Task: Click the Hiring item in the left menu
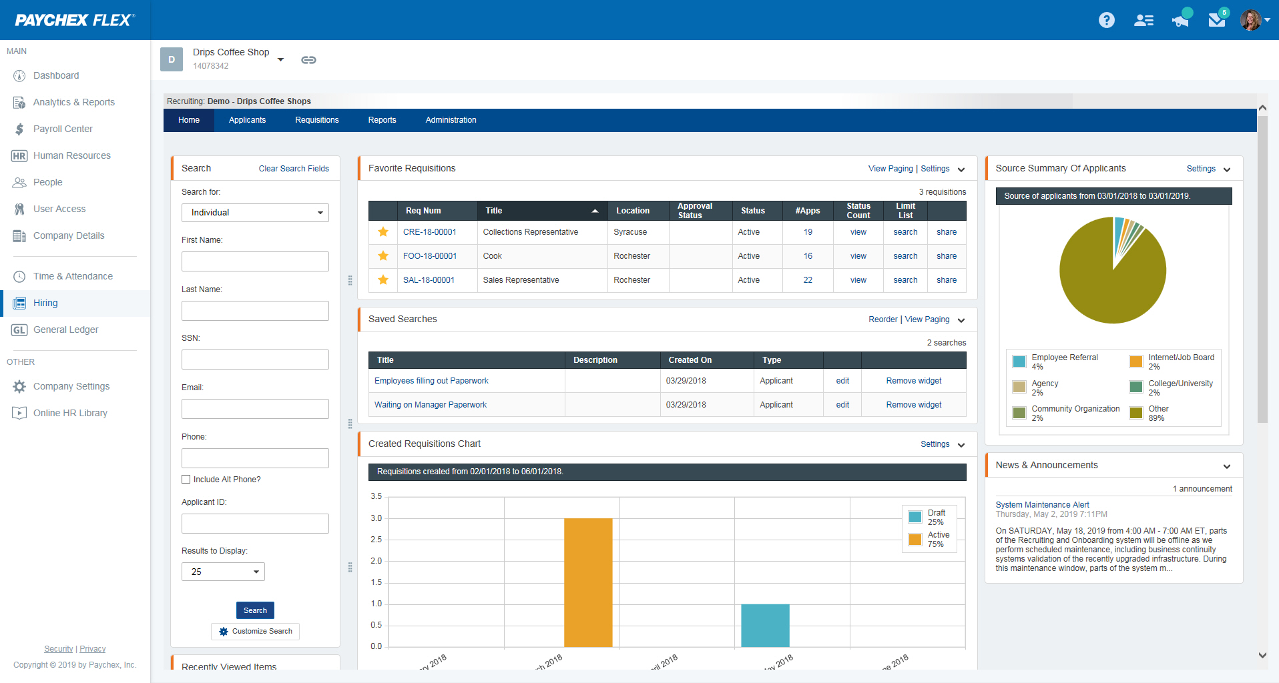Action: [x=45, y=303]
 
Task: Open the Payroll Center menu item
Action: [x=63, y=129]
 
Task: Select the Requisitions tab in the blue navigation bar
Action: [x=316, y=120]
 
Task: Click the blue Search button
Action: [x=255, y=610]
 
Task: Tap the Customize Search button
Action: [x=256, y=631]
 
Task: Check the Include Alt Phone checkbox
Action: [x=186, y=480]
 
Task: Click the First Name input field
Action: [x=255, y=261]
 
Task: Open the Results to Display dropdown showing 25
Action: [x=223, y=572]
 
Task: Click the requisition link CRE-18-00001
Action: [x=430, y=232]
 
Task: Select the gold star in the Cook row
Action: [x=383, y=256]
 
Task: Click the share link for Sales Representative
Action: [x=946, y=280]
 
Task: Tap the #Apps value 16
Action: [x=808, y=256]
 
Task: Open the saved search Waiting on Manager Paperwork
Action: [x=431, y=405]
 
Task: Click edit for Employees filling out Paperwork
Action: [x=842, y=381]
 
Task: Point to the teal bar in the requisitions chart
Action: [x=765, y=625]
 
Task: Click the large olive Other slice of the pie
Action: [x=1108, y=287]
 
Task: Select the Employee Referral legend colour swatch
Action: [x=1019, y=362]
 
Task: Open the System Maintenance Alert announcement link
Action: [x=1042, y=505]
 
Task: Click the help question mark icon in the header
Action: [x=1107, y=20]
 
